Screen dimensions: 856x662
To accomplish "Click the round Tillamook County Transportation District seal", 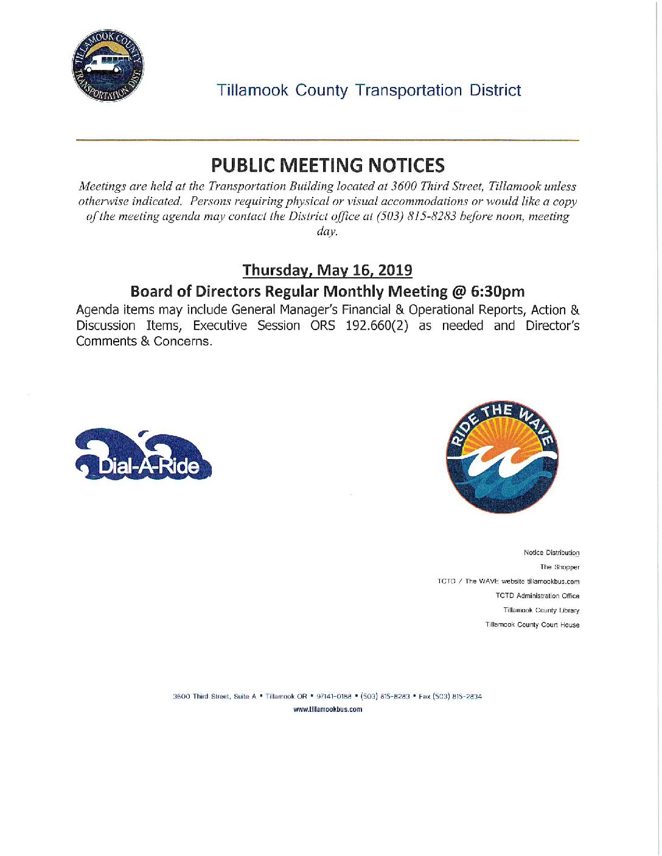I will pos(108,66).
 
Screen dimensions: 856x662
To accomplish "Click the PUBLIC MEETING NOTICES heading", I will pos(327,165).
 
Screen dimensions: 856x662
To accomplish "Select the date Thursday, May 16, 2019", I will pos(327,270).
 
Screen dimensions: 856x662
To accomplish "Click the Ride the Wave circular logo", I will pos(502,457).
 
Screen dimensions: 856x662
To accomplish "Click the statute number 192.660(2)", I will pos(377,326).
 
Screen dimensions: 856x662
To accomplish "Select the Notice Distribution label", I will pos(551,553).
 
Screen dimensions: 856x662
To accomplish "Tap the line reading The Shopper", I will pos(559,567).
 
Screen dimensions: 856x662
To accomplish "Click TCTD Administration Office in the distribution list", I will pos(537,596).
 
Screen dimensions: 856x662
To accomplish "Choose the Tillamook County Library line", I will pos(541,610).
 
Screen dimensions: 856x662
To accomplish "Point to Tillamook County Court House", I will pos(532,625).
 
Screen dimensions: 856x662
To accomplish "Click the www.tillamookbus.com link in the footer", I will pos(327,709).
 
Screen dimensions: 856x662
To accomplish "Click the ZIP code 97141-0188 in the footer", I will pos(334,697).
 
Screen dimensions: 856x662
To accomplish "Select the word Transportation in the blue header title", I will pos(408,91).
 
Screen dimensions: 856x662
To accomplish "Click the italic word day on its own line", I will pos(327,232).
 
